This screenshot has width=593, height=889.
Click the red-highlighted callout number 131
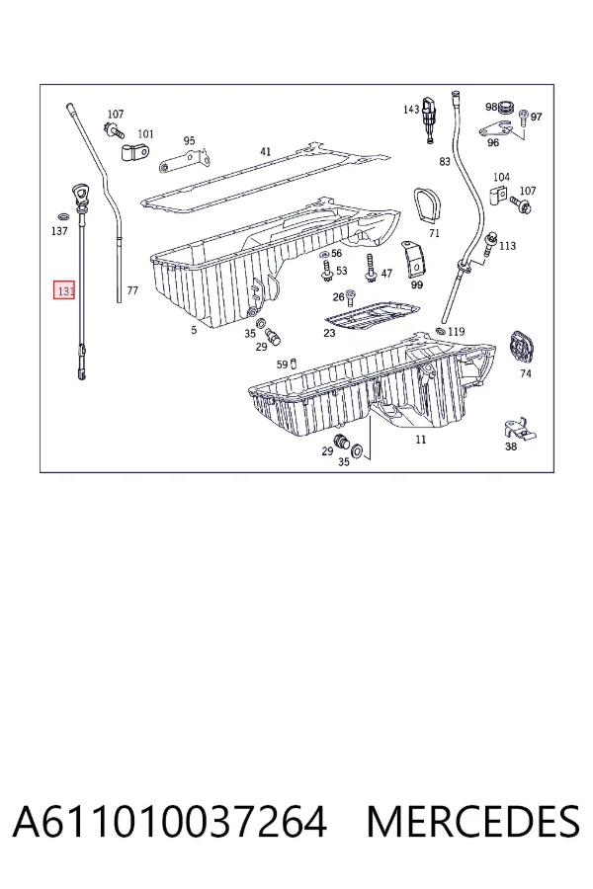point(64,290)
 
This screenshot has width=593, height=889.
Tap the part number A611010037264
point(170,822)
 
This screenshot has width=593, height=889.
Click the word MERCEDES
point(473,822)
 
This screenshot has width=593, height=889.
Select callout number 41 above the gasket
point(266,151)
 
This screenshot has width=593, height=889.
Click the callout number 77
point(132,290)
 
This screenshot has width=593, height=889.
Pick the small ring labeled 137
point(63,216)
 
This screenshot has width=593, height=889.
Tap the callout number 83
point(445,162)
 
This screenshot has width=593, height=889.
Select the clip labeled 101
point(135,152)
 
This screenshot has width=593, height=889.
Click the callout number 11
point(420,439)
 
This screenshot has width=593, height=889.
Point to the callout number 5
point(194,329)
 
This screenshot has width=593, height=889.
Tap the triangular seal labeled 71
point(427,207)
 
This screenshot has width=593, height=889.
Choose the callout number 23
point(329,333)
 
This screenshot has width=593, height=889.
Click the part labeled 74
point(522,347)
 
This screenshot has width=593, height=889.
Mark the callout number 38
point(511,446)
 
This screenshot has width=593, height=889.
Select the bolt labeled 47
point(372,270)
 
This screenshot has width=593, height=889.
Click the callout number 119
point(457,332)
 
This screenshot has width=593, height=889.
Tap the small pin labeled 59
point(294,364)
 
